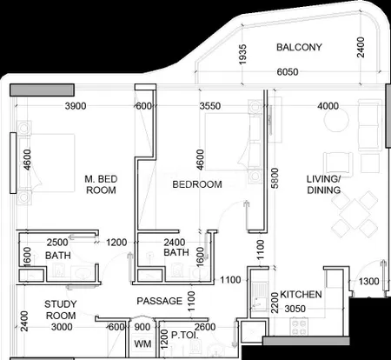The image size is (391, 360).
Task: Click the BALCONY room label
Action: click(299, 47)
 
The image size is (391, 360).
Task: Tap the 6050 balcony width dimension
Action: click(288, 72)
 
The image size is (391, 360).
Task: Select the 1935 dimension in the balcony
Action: click(242, 54)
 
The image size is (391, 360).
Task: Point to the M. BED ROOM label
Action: click(101, 184)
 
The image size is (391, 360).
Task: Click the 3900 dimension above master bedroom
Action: click(76, 106)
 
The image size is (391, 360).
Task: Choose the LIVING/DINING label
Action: click(323, 184)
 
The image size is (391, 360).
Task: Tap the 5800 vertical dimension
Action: click(275, 178)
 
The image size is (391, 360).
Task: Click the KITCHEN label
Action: click(301, 295)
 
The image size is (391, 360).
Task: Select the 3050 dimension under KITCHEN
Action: click(295, 309)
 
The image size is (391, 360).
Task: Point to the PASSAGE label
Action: click(160, 301)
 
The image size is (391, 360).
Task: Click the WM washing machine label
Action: click(142, 344)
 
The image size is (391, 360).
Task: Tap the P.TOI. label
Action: click(185, 336)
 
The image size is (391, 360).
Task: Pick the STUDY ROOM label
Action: click(61, 310)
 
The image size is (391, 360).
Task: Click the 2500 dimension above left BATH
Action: click(57, 243)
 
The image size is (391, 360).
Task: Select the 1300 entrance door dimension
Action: click(368, 281)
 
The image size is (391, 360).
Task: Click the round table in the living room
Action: click(336, 120)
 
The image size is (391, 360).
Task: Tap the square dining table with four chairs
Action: click(355, 214)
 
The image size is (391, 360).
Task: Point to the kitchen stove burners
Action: click(299, 327)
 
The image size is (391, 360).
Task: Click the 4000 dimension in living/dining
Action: click(328, 106)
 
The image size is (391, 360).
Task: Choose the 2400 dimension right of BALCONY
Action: click(361, 47)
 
